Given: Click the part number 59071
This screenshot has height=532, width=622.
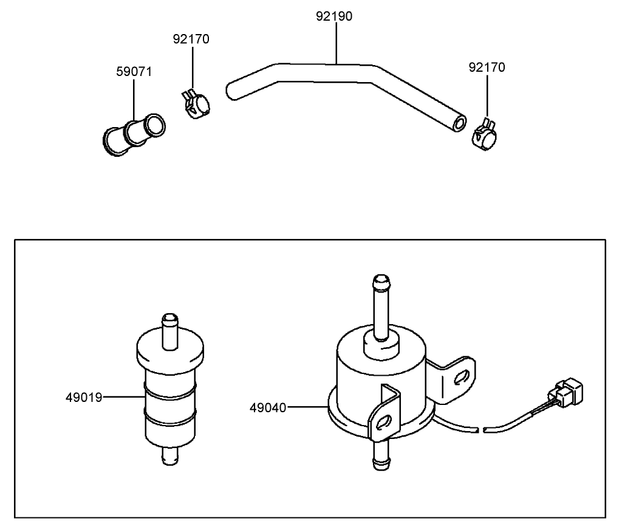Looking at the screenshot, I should click(x=134, y=72).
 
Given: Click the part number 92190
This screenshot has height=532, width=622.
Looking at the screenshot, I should click(x=333, y=16).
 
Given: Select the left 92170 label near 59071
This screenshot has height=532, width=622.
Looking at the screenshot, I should click(x=191, y=40).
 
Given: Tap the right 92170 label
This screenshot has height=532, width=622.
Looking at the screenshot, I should click(x=486, y=67).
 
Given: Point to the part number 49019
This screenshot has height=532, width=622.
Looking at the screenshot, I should click(x=83, y=398).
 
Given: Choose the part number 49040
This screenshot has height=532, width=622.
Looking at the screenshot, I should click(x=268, y=407).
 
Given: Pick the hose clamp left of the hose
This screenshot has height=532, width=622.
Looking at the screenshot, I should click(x=196, y=105).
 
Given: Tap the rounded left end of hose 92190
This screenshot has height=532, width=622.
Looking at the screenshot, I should click(x=232, y=91).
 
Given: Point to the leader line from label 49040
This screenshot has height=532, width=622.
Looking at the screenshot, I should click(x=307, y=407).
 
